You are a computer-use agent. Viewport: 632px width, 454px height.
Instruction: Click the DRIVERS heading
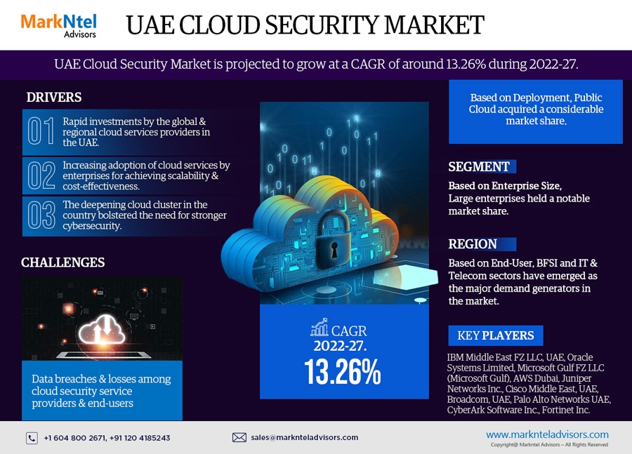[54, 98]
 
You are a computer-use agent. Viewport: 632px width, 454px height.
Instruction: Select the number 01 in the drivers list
[41, 131]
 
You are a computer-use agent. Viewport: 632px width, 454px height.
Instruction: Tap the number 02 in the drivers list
[41, 175]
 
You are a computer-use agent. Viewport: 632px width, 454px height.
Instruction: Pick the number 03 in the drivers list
[41, 215]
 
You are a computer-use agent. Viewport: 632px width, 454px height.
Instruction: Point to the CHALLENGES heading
[62, 262]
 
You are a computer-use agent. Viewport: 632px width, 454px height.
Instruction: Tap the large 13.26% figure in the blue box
[343, 372]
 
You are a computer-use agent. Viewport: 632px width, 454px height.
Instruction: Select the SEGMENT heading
[479, 166]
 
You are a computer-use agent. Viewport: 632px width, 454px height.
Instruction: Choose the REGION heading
[473, 244]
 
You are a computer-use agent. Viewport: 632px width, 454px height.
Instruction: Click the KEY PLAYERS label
[496, 335]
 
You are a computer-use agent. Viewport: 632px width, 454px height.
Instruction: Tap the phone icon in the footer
[32, 438]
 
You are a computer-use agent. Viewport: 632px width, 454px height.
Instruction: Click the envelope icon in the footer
[239, 437]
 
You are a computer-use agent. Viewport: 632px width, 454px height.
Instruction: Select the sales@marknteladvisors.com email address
[304, 437]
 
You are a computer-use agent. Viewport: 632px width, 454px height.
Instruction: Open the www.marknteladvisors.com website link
[547, 434]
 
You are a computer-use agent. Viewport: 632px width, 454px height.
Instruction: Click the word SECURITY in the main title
[333, 25]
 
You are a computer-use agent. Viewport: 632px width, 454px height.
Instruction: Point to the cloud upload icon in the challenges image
[102, 333]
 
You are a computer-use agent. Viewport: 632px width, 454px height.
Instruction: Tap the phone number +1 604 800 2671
[74, 438]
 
